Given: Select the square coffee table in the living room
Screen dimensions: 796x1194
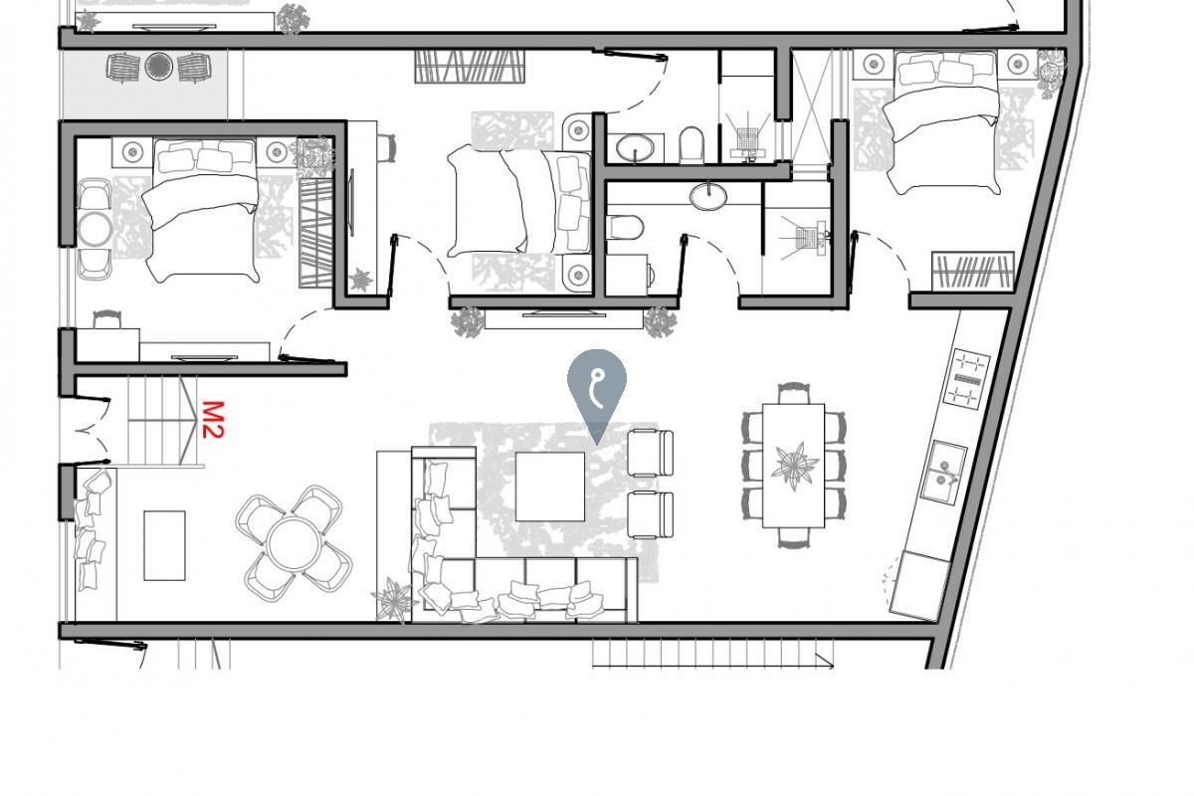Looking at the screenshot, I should pyautogui.click(x=549, y=486).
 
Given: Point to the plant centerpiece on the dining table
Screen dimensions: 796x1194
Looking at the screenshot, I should pyautogui.click(x=795, y=465).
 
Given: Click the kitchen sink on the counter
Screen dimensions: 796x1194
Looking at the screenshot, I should pyautogui.click(x=941, y=472).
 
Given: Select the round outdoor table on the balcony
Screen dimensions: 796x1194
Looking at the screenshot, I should pyautogui.click(x=159, y=67).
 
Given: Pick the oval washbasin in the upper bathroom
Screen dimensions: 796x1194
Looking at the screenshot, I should pyautogui.click(x=634, y=149).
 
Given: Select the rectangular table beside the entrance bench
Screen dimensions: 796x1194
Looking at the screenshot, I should pyautogui.click(x=164, y=545).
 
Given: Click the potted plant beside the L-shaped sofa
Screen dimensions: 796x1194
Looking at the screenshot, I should pyautogui.click(x=395, y=600).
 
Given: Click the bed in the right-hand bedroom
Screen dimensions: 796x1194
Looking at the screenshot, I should pyautogui.click(x=944, y=124).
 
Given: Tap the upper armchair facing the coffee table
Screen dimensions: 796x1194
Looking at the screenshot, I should pyautogui.click(x=651, y=453).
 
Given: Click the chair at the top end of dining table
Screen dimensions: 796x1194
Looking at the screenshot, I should pyautogui.click(x=794, y=392).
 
